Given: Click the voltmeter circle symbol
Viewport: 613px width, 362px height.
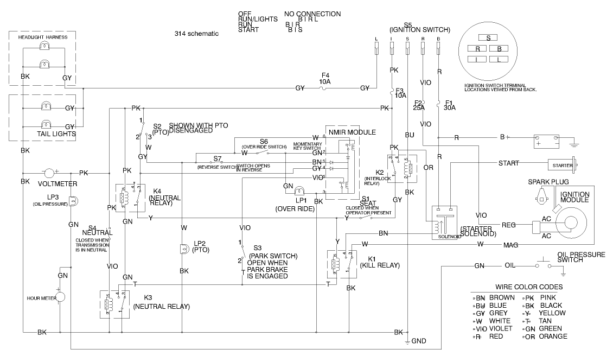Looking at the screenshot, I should (49, 173).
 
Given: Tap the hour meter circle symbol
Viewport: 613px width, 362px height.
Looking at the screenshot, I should (61, 298).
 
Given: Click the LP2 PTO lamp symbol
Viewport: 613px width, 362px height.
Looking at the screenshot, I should (184, 249).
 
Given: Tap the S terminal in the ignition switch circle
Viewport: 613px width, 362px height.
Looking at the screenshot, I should (488, 38).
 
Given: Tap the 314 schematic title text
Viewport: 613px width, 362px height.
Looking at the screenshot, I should (196, 34).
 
